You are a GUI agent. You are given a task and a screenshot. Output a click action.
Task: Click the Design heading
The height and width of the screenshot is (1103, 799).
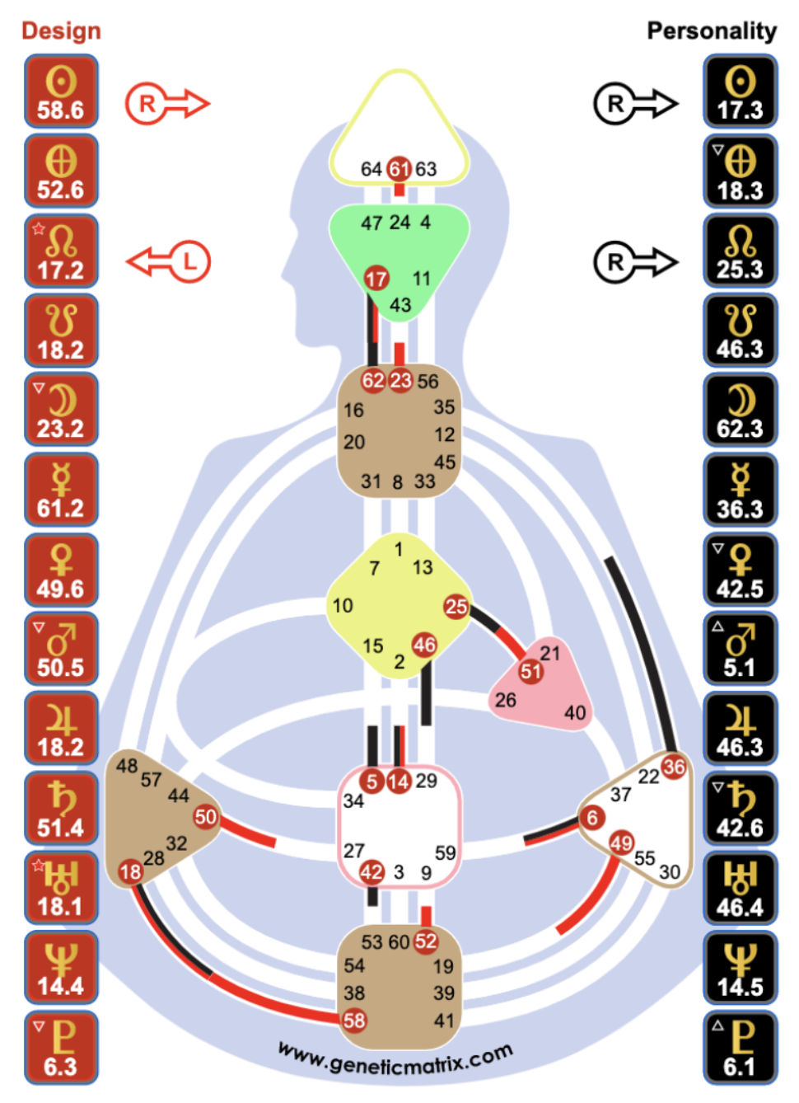[x=61, y=31]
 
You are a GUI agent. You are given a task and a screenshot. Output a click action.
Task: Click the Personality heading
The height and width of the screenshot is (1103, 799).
[x=711, y=31]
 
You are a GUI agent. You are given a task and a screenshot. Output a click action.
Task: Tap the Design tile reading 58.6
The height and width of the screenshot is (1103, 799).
[x=61, y=92]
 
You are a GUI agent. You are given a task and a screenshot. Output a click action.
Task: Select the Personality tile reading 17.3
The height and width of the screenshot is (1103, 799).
[x=740, y=92]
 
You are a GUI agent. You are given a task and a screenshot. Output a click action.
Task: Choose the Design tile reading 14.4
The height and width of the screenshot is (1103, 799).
[x=61, y=968]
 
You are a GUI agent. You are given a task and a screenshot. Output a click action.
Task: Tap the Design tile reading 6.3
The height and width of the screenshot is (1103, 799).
[x=61, y=1048]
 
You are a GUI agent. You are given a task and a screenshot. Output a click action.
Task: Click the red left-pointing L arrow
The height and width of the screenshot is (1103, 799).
[x=169, y=262]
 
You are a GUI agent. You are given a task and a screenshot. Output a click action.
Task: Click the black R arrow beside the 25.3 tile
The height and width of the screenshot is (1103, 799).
[x=635, y=262]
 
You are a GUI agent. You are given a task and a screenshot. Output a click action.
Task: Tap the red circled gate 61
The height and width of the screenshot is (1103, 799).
[x=399, y=169]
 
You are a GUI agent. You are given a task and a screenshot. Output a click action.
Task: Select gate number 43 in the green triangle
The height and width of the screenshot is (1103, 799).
[x=400, y=305]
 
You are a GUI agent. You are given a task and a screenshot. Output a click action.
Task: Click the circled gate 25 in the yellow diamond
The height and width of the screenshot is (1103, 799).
[x=456, y=607]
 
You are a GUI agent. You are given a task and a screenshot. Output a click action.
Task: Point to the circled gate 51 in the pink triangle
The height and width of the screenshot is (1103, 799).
[x=530, y=671]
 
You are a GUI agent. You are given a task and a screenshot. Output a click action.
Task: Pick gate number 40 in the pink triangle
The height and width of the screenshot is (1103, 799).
[x=575, y=712]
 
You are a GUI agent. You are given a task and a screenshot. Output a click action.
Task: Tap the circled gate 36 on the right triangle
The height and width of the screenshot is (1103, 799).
[x=674, y=767]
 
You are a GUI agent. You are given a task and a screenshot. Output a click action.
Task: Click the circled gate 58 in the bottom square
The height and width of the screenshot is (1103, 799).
[x=354, y=1021]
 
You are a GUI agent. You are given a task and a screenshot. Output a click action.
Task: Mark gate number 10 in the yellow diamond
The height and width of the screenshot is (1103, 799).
[x=343, y=606]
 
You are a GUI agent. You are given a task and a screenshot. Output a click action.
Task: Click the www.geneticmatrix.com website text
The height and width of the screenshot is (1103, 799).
[x=395, y=1059]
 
